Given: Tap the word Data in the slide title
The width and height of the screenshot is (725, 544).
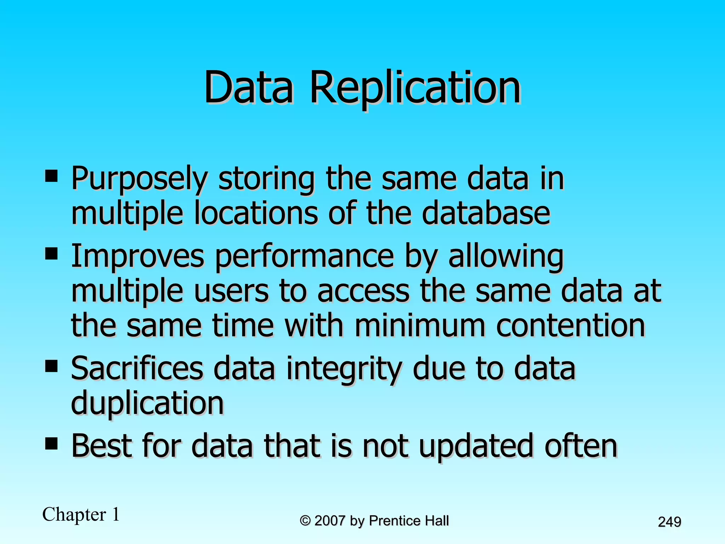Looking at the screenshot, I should [x=249, y=87].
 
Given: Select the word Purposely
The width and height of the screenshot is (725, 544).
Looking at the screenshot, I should [x=139, y=179].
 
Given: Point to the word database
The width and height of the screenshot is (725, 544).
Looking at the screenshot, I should [x=486, y=213].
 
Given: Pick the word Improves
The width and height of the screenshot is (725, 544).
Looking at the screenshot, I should [x=138, y=256].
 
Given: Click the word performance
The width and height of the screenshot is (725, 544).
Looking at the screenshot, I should [x=304, y=256].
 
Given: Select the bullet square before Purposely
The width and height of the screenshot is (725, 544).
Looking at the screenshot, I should [x=52, y=176].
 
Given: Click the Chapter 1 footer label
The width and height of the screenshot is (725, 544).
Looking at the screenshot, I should [x=81, y=514].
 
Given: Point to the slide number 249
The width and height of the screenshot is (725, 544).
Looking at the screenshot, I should [x=669, y=522].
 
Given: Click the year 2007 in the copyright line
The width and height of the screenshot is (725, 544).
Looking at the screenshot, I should [x=330, y=521].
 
